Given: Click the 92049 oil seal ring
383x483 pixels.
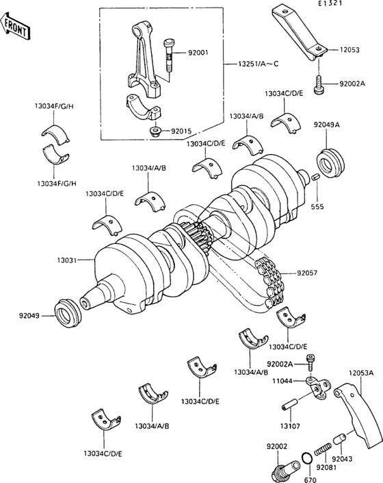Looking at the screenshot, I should pos(68,313).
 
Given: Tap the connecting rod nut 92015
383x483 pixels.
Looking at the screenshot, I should pos(155,130).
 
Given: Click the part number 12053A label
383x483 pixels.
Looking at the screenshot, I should pos(362,373).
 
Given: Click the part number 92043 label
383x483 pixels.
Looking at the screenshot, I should pos(344,459).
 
